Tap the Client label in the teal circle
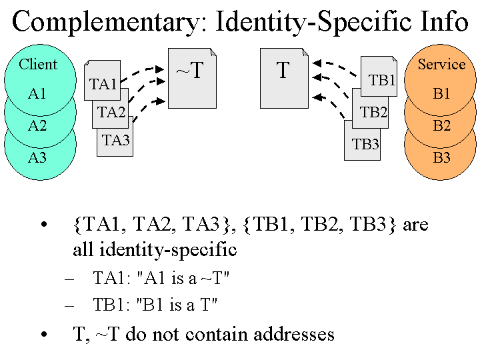tap(38, 65)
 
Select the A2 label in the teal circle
tap(37, 125)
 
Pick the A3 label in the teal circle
tap(37, 158)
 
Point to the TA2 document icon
tap(111, 112)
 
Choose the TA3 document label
tap(116, 141)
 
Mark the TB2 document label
tap(373, 112)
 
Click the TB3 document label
tap(365, 144)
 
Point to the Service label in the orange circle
tap(441, 65)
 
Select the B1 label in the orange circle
tap(441, 94)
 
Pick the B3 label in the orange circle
tap(441, 158)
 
